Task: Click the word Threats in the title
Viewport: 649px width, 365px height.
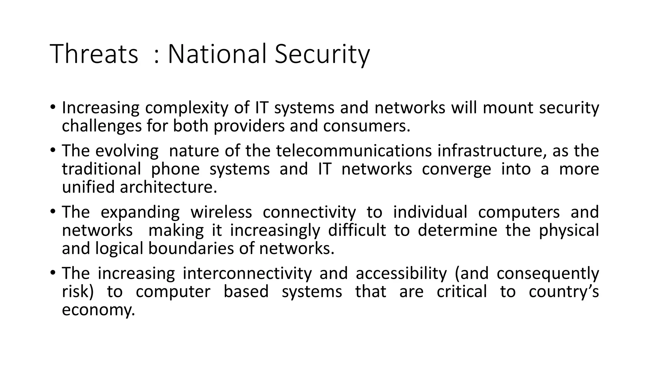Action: tap(94, 54)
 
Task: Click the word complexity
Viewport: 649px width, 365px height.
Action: tap(187, 108)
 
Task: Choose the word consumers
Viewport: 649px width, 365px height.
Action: tap(367, 126)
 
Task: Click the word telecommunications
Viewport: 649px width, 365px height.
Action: tap(354, 151)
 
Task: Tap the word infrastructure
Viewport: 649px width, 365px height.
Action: tap(492, 151)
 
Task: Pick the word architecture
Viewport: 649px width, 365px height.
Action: tap(168, 187)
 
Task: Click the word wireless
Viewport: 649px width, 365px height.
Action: tap(221, 212)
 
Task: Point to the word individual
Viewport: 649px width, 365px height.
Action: tap(430, 212)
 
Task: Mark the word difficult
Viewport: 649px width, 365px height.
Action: tap(357, 230)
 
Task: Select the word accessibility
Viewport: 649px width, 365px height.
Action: tap(401, 273)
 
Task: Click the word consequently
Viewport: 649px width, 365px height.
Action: tap(548, 273)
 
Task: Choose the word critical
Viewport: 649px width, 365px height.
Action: tap(462, 291)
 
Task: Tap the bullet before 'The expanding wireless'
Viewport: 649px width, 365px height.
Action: tap(53, 210)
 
